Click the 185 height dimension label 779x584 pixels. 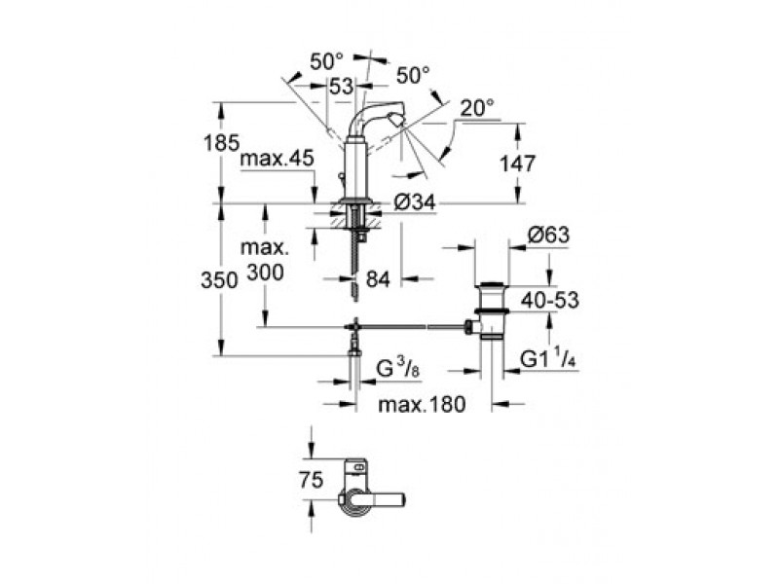click(222, 143)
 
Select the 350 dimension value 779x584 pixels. click(220, 280)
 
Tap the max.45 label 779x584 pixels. click(278, 159)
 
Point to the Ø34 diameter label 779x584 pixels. click(415, 202)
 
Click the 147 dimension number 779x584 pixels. click(518, 164)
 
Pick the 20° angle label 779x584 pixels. click(477, 108)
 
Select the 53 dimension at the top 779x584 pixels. click(342, 87)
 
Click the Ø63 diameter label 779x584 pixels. click(548, 235)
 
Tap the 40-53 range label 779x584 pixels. click(550, 300)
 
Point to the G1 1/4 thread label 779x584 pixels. click(548, 358)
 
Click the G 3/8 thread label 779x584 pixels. click(398, 370)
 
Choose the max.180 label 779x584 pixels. click(423, 405)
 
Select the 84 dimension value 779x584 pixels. click(378, 280)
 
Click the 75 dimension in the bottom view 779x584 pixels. click(311, 480)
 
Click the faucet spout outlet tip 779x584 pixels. click(396, 120)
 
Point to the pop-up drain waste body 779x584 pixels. click(492, 310)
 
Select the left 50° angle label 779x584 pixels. click(326, 62)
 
